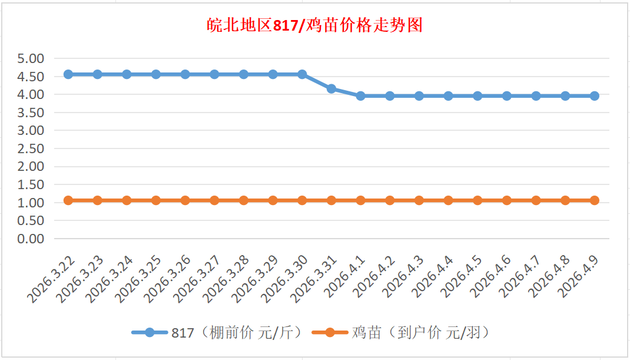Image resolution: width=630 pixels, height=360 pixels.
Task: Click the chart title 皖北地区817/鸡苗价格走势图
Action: point(315,26)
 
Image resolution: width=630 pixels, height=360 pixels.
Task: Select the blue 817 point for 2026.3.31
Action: point(331,88)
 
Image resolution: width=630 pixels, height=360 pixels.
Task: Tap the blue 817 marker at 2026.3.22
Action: point(68,74)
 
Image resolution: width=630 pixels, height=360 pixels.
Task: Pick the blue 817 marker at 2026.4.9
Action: point(595,95)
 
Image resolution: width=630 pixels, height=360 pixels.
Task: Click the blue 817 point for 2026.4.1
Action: point(360,95)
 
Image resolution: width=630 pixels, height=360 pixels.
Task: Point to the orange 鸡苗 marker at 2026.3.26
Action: point(185,200)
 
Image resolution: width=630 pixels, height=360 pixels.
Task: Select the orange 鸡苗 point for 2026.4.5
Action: point(478,200)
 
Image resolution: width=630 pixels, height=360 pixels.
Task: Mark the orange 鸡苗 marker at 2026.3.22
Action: point(68,200)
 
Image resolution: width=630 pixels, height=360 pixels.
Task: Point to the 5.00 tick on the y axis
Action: point(31,58)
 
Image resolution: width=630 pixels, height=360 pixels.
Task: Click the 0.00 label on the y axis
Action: point(31,239)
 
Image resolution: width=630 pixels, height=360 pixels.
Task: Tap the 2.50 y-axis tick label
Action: point(31,148)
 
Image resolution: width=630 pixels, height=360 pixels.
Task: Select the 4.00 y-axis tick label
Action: point(31,94)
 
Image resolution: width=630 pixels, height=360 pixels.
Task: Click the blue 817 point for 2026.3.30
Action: point(302,74)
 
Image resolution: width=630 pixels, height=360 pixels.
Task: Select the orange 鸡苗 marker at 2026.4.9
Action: point(595,200)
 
